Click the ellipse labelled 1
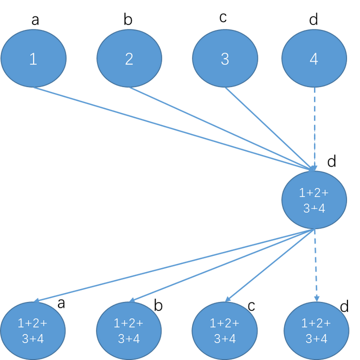[x=33, y=58]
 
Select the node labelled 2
[x=129, y=58]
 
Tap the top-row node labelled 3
[x=225, y=58]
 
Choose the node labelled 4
[x=314, y=58]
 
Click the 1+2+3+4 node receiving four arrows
[x=314, y=200]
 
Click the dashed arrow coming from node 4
[x=314, y=125]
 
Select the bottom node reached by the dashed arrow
[x=316, y=330]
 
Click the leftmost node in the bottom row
[x=33, y=330]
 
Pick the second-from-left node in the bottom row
[x=129, y=330]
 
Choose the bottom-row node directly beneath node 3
[x=225, y=330]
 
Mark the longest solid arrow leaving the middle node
[x=175, y=265]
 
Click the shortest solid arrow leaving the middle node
[x=270, y=265]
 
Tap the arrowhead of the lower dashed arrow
[x=316, y=298]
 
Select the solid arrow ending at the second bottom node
[x=222, y=265]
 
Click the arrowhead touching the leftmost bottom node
[x=37, y=300]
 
